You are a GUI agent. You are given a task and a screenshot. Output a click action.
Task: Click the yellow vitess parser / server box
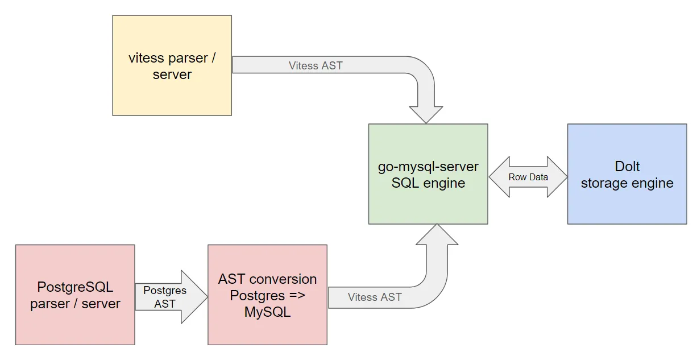[172, 65]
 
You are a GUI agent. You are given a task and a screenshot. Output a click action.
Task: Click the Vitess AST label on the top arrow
[316, 65]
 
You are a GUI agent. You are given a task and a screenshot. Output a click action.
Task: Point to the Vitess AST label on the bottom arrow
[375, 297]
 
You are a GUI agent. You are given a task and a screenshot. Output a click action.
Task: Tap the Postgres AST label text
[165, 297]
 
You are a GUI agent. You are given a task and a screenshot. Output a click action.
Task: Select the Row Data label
[528, 177]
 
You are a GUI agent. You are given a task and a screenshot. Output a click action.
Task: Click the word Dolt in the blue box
[627, 167]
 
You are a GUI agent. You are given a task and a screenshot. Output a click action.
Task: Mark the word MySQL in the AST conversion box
[267, 312]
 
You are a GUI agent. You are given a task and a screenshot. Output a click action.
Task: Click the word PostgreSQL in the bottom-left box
[75, 287]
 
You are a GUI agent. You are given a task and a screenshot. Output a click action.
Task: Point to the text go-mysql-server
[428, 167]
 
